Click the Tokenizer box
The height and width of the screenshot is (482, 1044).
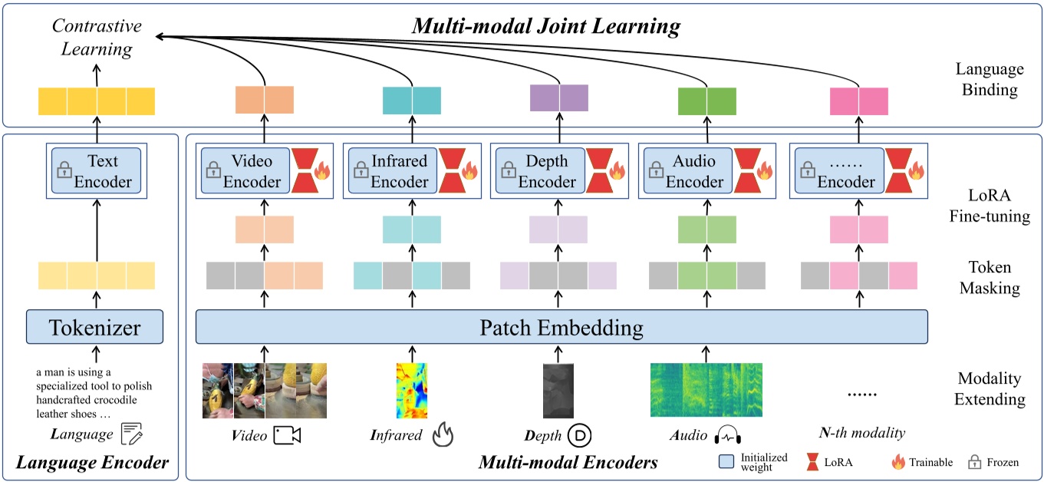(x=95, y=328)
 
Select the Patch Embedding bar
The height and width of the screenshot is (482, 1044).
(x=562, y=328)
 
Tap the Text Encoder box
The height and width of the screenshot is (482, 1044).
(x=97, y=171)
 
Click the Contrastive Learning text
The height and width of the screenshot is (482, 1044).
(x=97, y=38)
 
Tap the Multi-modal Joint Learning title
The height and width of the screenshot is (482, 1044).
(x=545, y=26)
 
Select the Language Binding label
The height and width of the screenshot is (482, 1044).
(x=989, y=80)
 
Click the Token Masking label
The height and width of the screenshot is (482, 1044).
(x=989, y=278)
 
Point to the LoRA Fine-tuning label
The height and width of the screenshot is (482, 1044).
(x=989, y=206)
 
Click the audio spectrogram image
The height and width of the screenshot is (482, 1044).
(x=707, y=389)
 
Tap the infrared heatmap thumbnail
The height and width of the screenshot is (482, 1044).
(x=411, y=391)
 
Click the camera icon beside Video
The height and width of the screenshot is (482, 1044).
(x=288, y=436)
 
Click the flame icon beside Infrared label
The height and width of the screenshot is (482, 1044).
(x=443, y=435)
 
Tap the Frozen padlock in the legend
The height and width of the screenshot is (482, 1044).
(x=974, y=462)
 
